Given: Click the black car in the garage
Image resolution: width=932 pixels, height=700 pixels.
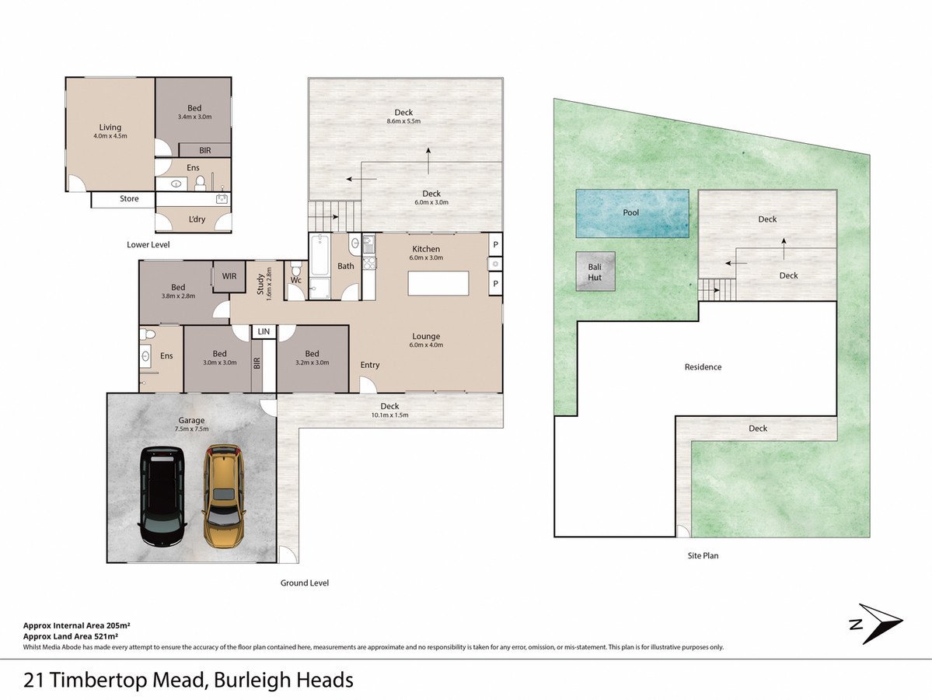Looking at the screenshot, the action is (x=162, y=496).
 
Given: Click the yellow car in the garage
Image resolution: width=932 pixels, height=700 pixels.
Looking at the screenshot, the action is (x=224, y=496).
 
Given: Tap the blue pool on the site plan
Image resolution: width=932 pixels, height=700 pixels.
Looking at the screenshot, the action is (x=632, y=214).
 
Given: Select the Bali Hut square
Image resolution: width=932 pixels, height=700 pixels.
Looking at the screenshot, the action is (x=595, y=271).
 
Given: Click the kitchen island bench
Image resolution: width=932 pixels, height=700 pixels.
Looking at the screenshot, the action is (x=438, y=283).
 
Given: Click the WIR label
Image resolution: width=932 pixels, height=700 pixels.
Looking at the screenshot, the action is (x=229, y=277).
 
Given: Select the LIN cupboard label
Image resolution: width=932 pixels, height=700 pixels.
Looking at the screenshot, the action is (x=264, y=332).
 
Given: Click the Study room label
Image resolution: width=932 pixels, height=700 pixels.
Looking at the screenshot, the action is (x=260, y=285).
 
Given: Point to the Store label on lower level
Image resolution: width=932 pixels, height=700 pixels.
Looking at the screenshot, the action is (x=129, y=198).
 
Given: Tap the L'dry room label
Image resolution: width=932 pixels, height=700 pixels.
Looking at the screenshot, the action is (x=197, y=219).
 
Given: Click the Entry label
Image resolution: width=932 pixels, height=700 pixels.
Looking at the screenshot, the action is (x=370, y=365).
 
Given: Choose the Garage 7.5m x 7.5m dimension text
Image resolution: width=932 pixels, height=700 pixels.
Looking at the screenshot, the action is (x=191, y=429).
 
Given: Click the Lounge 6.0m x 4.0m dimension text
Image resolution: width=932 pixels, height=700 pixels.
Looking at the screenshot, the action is (x=426, y=345).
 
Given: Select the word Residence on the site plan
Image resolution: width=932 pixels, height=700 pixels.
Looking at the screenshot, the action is (x=703, y=367).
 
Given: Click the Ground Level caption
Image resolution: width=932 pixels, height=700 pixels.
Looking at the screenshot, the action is (x=305, y=583).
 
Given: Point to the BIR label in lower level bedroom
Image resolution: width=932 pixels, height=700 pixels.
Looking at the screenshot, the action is (x=205, y=151).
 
